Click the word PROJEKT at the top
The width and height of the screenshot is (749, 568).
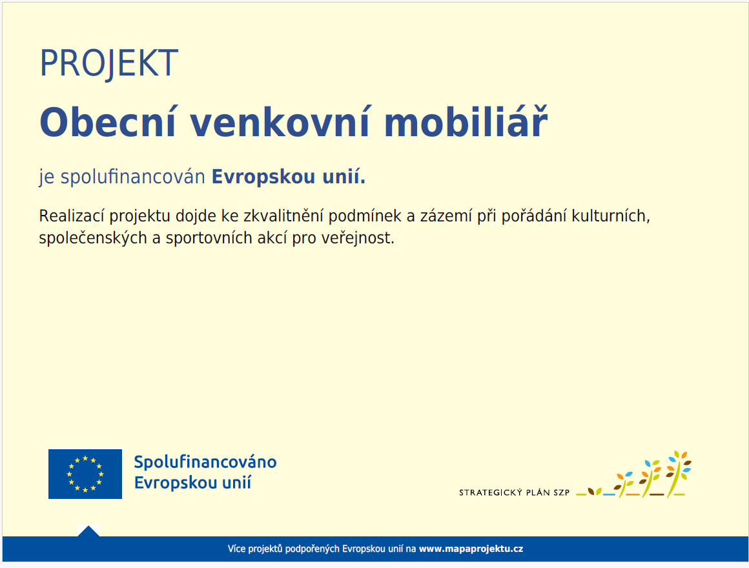108,63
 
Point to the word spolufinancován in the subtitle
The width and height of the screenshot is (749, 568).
132,177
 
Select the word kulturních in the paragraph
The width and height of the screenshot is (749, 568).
610,216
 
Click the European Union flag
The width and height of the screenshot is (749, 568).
85,474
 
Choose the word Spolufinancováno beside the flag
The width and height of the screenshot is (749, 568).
205,462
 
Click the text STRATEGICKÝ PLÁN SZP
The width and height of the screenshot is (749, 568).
514,492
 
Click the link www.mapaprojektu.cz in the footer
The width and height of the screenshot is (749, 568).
471,549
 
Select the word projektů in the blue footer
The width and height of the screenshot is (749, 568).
266,549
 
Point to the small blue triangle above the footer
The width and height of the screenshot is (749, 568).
88,531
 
